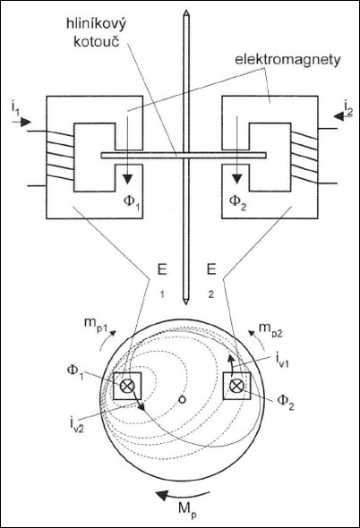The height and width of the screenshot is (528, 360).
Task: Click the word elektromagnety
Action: (x=287, y=60)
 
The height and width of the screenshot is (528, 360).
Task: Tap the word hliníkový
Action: (x=96, y=24)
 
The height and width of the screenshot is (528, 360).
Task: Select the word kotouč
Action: (x=97, y=41)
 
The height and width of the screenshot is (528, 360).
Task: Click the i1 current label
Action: (x=15, y=108)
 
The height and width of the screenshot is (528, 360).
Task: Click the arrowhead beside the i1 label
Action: (x=26, y=122)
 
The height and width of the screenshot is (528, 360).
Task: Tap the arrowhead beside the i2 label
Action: (x=339, y=116)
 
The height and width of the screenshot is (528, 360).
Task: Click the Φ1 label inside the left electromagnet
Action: (x=132, y=202)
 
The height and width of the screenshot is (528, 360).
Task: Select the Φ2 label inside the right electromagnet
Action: (x=237, y=202)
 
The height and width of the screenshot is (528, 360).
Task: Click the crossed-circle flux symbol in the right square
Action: (x=236, y=386)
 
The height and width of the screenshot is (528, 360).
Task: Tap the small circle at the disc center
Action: (x=182, y=400)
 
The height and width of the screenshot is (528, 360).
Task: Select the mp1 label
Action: (x=96, y=324)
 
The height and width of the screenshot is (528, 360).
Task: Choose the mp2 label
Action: (x=270, y=329)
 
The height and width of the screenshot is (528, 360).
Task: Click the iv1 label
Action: (x=282, y=361)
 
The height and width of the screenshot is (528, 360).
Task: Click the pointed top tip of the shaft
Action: (x=185, y=10)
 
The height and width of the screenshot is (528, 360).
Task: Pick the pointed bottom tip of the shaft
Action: (x=185, y=304)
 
